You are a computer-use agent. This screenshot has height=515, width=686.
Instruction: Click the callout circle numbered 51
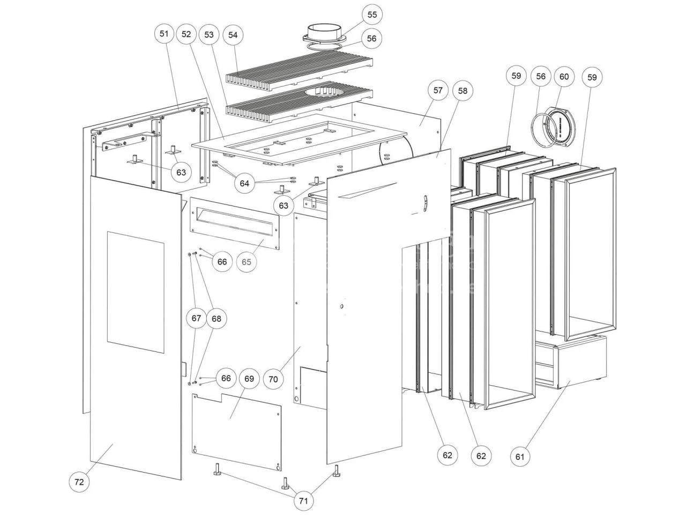point(164,34)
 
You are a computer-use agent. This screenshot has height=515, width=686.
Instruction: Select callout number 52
point(187,34)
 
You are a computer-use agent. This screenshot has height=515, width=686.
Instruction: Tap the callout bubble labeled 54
point(233,35)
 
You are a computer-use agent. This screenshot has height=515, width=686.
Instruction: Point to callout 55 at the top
point(372,14)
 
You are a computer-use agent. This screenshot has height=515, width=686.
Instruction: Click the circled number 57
point(438,90)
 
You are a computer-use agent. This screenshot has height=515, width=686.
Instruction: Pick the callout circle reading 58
point(462,91)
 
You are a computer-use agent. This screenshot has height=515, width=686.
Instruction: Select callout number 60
point(564,77)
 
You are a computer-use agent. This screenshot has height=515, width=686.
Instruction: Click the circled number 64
point(244,183)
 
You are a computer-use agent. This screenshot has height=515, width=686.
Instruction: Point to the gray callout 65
point(247,262)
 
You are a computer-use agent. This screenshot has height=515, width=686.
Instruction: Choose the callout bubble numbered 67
point(196,319)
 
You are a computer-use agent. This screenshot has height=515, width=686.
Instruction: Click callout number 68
point(216,319)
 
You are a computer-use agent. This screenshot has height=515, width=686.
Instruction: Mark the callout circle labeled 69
point(249,379)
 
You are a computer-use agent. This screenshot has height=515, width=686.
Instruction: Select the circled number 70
point(273,379)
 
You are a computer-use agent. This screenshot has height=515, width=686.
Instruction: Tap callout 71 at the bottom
point(303,502)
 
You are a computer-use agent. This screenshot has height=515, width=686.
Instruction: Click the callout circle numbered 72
point(79,482)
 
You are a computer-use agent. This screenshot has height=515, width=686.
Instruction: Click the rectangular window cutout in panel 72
point(135,292)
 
